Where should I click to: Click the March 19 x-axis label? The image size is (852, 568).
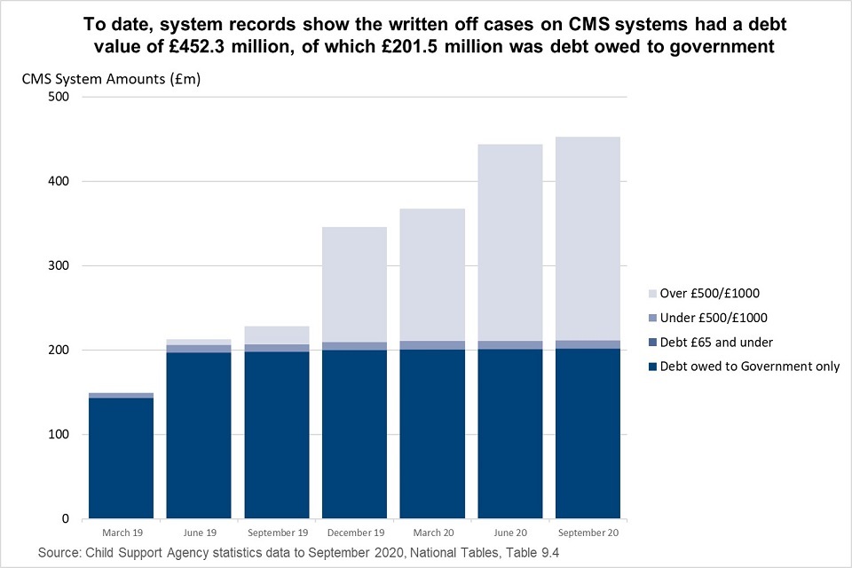(121, 532)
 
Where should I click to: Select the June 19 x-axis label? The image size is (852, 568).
(199, 532)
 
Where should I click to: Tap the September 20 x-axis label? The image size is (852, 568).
(588, 532)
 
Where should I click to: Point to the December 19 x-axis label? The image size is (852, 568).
(354, 532)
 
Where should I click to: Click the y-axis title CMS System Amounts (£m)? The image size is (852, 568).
(112, 79)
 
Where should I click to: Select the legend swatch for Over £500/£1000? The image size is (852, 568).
(658, 293)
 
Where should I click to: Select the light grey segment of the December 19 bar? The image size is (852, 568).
(354, 284)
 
